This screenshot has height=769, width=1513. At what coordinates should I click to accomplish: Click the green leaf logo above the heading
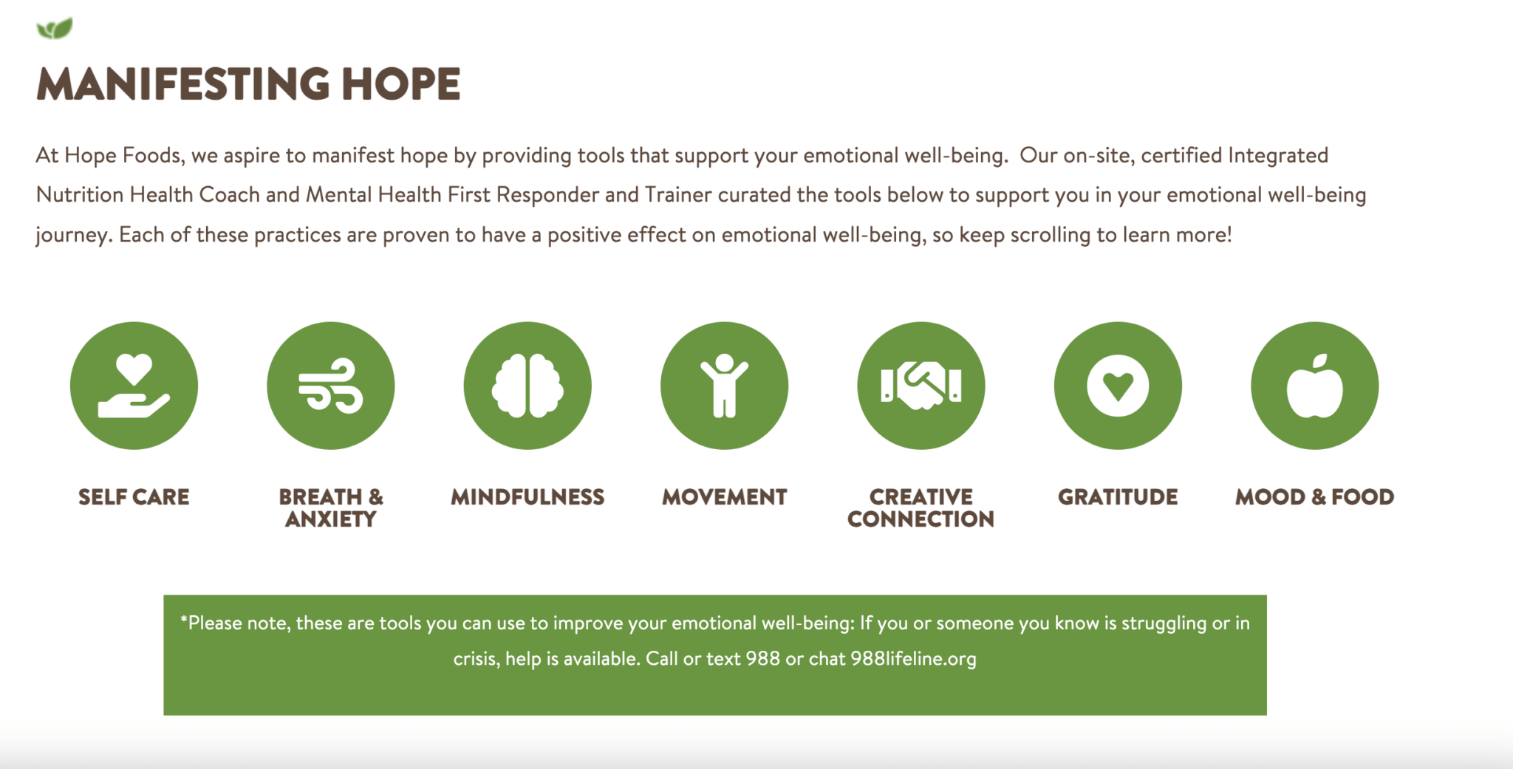55,29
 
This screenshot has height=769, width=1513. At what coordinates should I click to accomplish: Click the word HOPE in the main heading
401,84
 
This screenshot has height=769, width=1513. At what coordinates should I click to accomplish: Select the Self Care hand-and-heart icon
134,386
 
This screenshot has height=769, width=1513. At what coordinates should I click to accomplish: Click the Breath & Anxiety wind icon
330,386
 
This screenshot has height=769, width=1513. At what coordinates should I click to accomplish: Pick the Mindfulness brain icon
527,386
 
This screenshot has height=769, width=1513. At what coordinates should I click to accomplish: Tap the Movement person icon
724,386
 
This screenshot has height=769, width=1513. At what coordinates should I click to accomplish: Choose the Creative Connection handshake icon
921,386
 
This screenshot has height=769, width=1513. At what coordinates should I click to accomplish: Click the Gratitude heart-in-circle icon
1118,386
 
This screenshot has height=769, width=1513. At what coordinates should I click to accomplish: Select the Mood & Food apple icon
1315,386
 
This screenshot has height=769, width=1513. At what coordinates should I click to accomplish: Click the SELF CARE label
134,497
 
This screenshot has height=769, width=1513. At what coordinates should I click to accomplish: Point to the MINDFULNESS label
527,497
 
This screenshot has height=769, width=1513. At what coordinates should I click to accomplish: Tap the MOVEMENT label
724,497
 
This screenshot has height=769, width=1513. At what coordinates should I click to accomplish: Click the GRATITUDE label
1118,497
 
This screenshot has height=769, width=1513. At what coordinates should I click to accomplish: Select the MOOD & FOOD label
1315,497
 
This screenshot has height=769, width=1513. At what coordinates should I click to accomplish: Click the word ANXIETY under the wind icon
331,519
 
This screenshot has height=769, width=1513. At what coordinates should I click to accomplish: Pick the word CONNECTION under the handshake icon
921,519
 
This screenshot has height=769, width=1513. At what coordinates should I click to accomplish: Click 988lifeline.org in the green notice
913,658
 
